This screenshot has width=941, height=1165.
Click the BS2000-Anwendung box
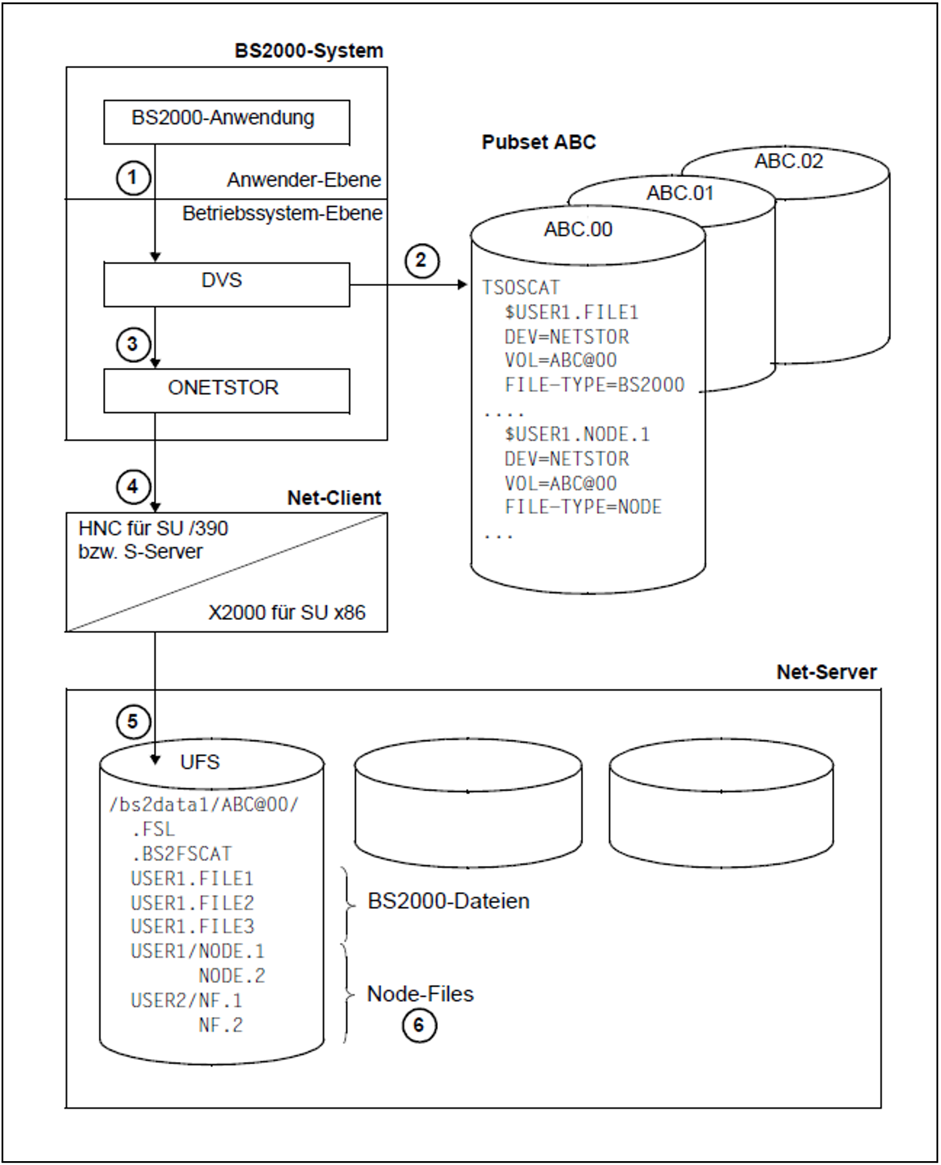click(x=226, y=121)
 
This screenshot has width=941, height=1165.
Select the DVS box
click(x=226, y=284)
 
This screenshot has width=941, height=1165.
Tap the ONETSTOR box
click(x=226, y=390)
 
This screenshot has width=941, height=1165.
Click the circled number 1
click(x=133, y=178)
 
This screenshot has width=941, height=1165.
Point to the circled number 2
click(x=421, y=261)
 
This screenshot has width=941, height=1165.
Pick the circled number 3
click(x=133, y=344)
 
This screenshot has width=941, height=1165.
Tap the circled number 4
click(x=133, y=486)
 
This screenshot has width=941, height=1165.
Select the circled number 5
click(x=133, y=721)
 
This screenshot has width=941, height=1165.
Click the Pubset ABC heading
click(x=538, y=142)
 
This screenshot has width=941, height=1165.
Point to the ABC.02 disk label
click(x=788, y=161)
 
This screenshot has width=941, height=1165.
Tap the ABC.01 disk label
click(x=680, y=193)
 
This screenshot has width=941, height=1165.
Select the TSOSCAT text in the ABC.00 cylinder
click(x=520, y=287)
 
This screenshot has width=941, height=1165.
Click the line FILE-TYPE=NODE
click(x=583, y=507)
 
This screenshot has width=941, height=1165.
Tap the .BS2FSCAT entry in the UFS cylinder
click(x=181, y=854)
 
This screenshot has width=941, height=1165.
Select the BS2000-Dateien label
click(x=448, y=901)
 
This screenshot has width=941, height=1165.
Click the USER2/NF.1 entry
click(x=186, y=1000)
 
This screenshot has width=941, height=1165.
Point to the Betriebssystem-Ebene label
click(x=282, y=213)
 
